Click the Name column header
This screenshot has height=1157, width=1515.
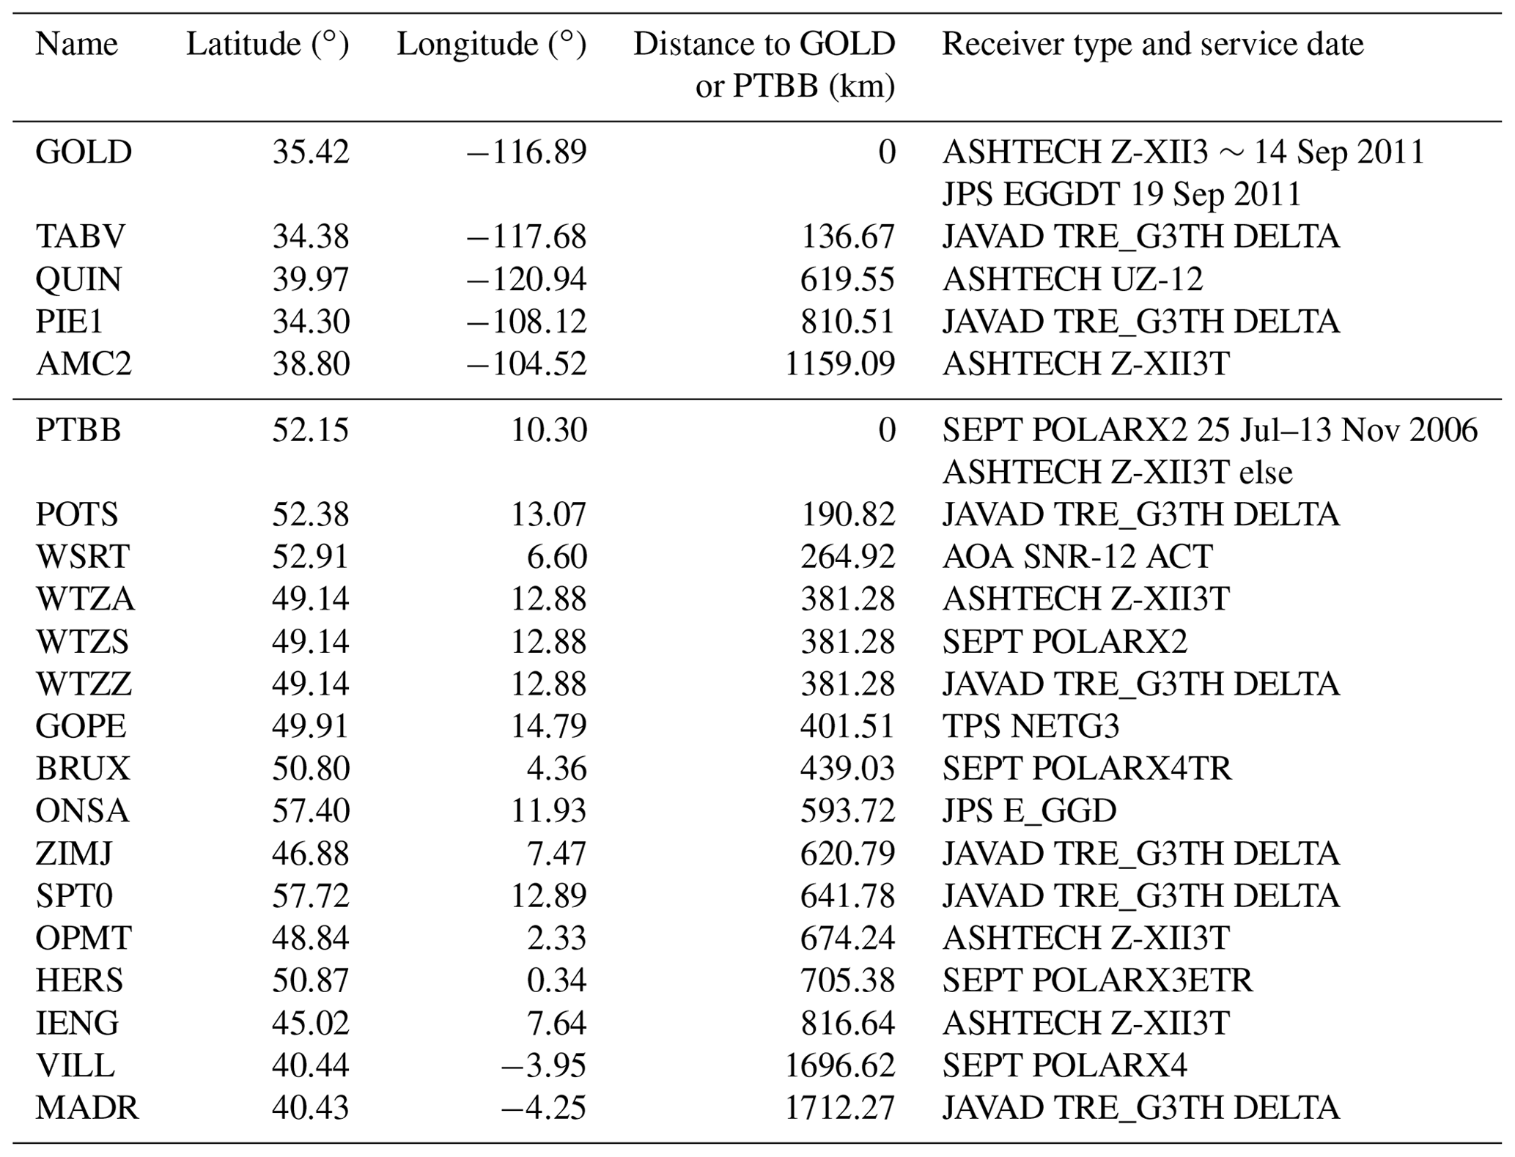(x=76, y=45)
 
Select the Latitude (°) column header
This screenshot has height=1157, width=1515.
(x=268, y=45)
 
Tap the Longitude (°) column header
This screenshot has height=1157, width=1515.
(x=492, y=45)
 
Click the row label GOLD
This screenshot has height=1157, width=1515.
(x=84, y=152)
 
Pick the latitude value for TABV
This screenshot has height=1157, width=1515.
(x=311, y=237)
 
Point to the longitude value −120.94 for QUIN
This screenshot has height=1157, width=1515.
(x=526, y=279)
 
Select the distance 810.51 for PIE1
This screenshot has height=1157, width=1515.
(x=847, y=322)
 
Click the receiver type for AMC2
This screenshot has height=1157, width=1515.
(x=1085, y=364)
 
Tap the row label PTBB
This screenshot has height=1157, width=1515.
(x=78, y=430)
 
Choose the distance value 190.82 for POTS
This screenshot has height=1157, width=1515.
(x=847, y=514)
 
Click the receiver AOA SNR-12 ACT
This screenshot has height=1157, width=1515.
(x=1077, y=557)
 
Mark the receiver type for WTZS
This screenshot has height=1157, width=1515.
(x=1064, y=642)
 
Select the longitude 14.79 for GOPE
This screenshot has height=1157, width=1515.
(x=548, y=726)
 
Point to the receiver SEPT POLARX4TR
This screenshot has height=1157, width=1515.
(x=1087, y=769)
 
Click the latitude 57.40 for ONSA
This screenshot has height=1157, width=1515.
(x=311, y=811)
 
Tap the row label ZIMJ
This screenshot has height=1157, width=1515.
(x=74, y=854)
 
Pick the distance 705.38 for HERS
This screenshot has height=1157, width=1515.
(x=847, y=980)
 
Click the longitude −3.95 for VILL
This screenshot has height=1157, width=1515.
(x=543, y=1065)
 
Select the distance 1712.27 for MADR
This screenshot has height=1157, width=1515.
(x=840, y=1108)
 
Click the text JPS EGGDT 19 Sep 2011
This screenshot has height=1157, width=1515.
(x=1121, y=194)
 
